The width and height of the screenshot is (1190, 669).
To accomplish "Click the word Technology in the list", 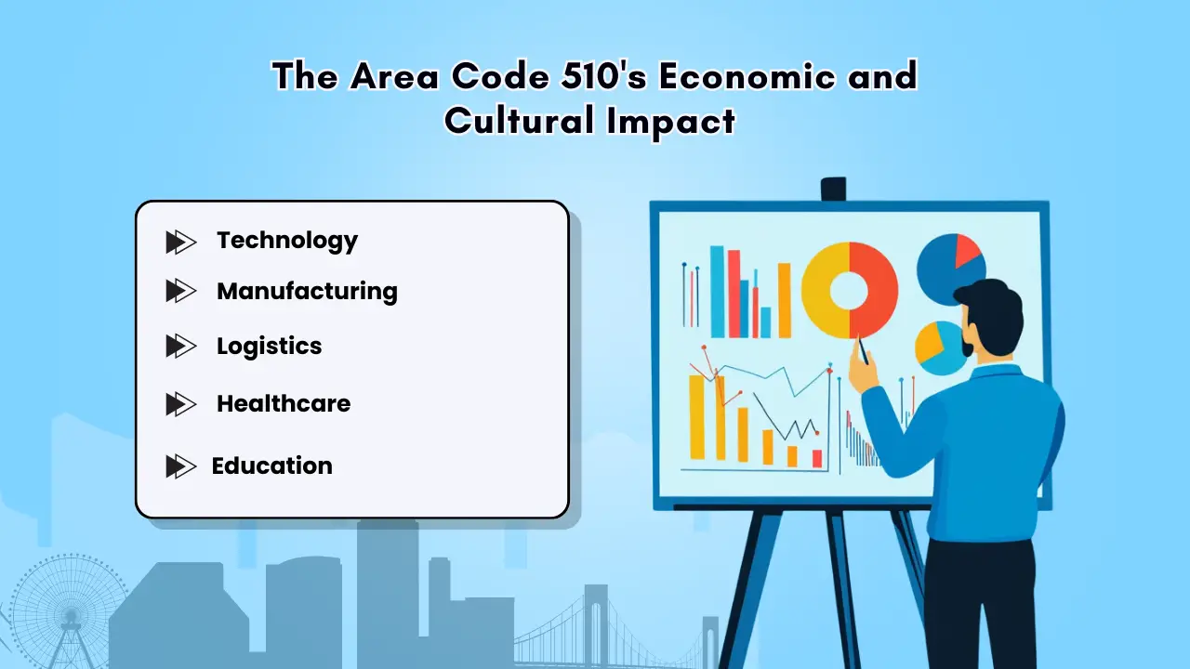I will (286, 241).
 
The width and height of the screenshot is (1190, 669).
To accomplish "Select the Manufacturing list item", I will (307, 291).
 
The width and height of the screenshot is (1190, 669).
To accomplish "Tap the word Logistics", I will (269, 347).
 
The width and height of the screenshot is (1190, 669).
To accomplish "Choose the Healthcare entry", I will (284, 404).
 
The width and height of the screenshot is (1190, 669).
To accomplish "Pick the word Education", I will (271, 466).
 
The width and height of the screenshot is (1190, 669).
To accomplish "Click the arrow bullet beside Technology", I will (180, 243).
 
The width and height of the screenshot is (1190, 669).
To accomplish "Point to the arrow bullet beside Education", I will (180, 466).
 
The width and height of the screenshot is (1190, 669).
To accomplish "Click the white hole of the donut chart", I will (849, 291).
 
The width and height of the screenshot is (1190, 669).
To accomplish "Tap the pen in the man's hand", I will (862, 350).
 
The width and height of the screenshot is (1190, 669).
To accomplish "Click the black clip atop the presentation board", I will (833, 189).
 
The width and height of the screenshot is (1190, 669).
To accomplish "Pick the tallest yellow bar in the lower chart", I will (696, 416).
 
